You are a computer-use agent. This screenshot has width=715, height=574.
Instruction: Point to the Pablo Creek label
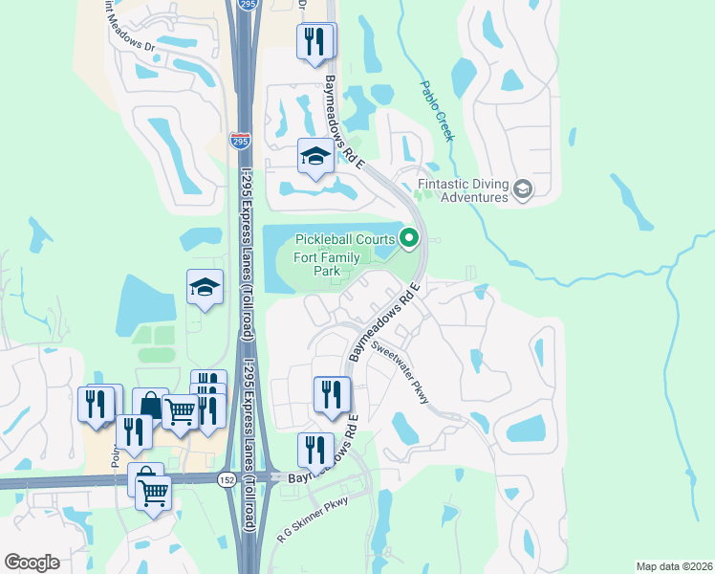coord(437,110)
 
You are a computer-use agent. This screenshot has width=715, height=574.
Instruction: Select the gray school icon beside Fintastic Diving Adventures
coord(522,189)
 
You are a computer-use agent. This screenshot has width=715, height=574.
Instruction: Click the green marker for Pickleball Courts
coord(410,237)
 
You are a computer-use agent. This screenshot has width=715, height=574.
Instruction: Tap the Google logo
coord(32,562)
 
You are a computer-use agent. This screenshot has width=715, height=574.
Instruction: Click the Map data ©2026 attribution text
coord(674,566)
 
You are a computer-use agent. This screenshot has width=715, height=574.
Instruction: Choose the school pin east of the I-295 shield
coord(314,156)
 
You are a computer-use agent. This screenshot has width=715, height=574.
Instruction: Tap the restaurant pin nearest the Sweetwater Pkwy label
coord(332,394)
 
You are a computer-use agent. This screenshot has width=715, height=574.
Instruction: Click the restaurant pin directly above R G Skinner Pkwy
coord(315,451)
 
